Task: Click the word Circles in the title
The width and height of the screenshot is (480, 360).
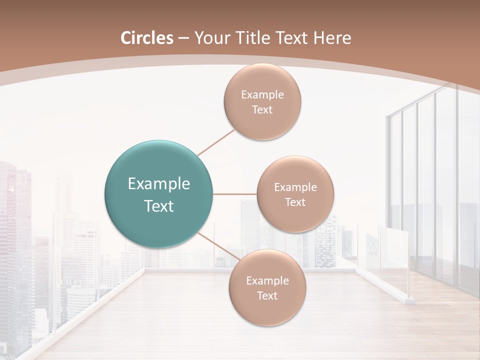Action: (146, 38)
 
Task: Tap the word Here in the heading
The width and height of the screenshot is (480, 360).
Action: (332, 38)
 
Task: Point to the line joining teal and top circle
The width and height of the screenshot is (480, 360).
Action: (216, 142)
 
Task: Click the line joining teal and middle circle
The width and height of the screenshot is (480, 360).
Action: (235, 194)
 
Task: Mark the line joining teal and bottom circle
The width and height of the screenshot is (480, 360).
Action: (216, 246)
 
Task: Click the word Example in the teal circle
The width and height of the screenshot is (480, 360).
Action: (158, 184)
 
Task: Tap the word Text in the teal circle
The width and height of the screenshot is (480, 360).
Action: (158, 206)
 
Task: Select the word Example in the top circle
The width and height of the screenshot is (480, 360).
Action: (262, 95)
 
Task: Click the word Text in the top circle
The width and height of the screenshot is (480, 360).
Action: (262, 110)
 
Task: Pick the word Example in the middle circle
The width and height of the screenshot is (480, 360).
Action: (295, 187)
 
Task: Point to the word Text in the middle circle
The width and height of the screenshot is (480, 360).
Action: (295, 202)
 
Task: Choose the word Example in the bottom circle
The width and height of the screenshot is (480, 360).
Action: (267, 281)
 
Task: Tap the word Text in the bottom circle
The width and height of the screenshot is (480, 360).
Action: (267, 296)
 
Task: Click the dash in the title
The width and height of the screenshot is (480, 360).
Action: (183, 38)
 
